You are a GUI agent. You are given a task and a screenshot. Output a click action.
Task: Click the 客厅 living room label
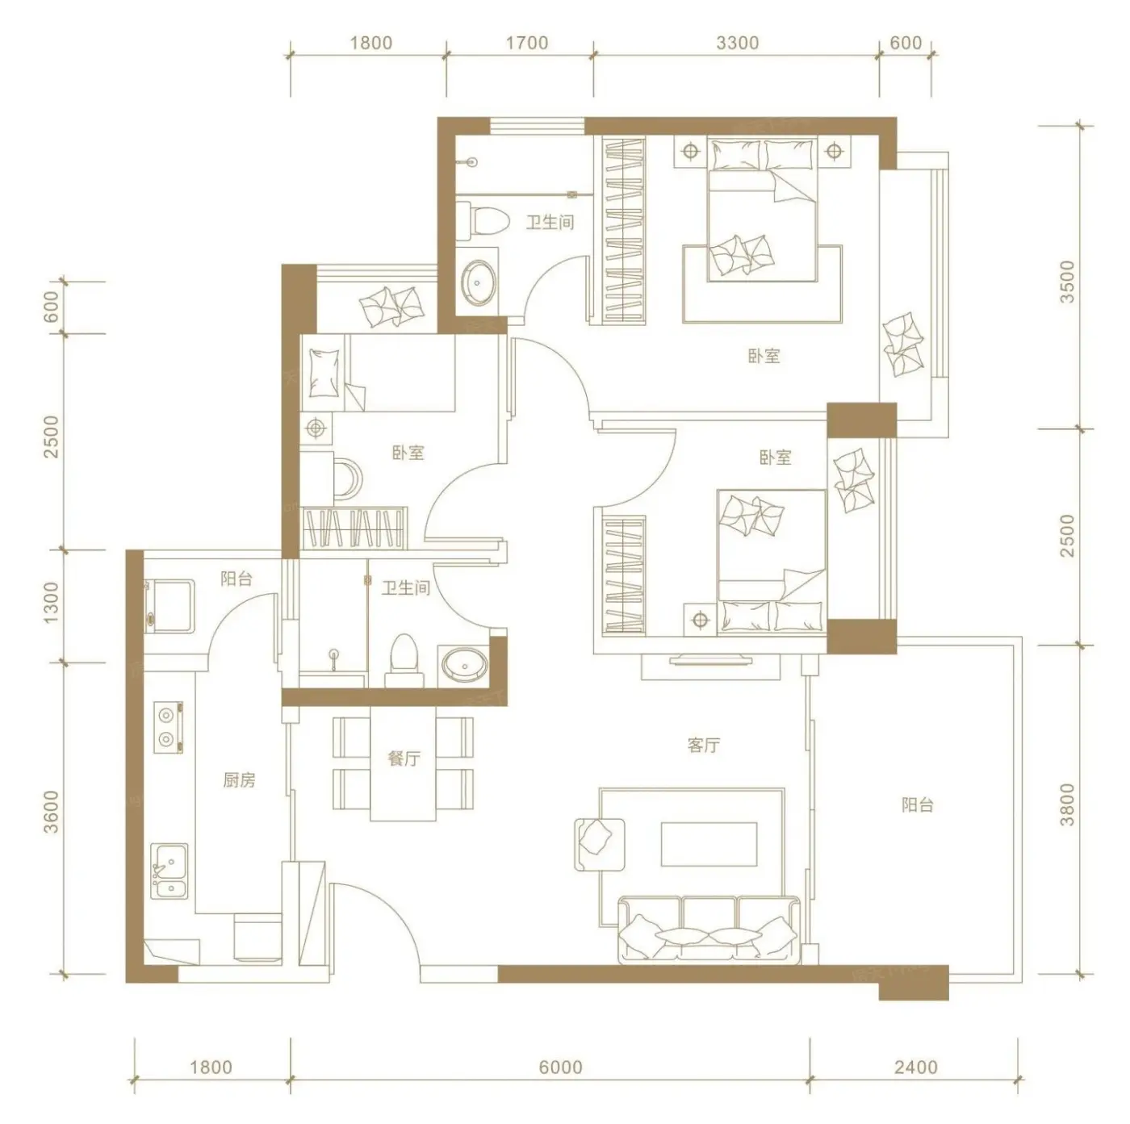(x=703, y=745)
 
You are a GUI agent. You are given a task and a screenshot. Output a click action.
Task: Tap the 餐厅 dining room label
(x=404, y=758)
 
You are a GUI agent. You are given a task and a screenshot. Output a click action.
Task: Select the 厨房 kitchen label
(x=239, y=779)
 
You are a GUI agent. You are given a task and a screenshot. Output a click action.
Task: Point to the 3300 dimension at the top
(x=737, y=43)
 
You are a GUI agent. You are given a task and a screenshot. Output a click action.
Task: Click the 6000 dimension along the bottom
(x=561, y=1068)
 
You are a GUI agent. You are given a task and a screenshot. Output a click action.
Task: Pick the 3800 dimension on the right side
(x=1068, y=804)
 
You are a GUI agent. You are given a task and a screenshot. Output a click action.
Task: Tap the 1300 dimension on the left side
(x=52, y=602)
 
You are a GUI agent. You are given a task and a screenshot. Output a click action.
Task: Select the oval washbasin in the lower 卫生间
(x=464, y=666)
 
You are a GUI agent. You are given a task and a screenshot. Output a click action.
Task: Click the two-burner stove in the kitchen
(x=169, y=728)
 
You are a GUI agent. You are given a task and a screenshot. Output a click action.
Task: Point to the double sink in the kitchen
(x=169, y=871)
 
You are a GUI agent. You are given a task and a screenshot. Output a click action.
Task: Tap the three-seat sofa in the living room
(x=709, y=930)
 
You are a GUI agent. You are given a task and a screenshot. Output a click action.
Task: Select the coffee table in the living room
(x=709, y=844)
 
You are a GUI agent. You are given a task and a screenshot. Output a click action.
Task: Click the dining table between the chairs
(x=403, y=763)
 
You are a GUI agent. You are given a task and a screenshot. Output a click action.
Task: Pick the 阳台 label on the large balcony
(x=917, y=805)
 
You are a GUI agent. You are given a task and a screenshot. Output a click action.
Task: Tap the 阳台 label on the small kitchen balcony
(x=236, y=579)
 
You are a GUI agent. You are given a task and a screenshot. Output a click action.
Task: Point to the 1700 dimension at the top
(x=526, y=43)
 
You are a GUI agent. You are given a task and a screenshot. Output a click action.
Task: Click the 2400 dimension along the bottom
(x=916, y=1068)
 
